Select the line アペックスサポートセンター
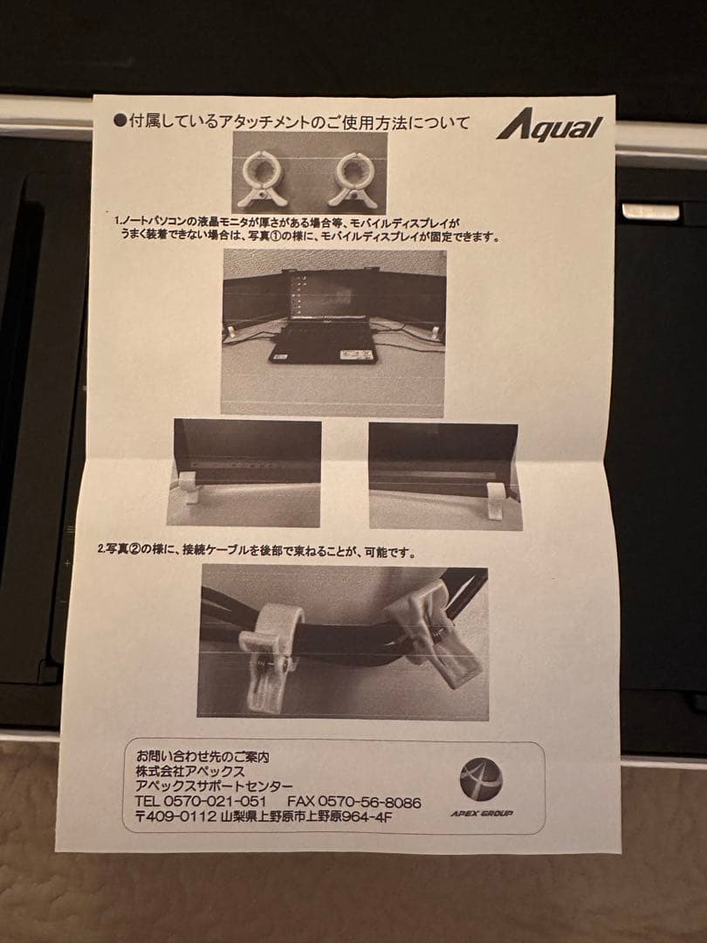209,786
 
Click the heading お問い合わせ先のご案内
196,755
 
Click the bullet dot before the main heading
120,122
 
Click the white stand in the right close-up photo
496,501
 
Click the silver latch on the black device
650,211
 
